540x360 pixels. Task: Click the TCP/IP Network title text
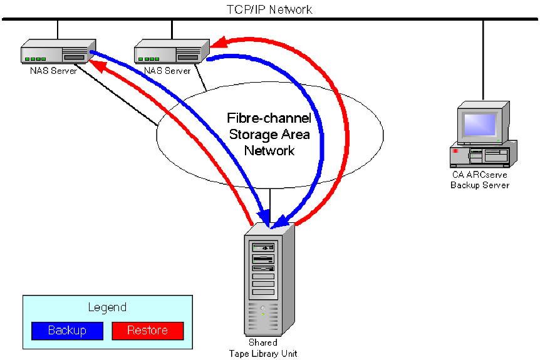[x=269, y=9]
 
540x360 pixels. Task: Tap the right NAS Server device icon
[x=171, y=52]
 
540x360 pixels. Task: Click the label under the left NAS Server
[x=53, y=71]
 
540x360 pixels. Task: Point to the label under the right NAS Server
[x=167, y=71]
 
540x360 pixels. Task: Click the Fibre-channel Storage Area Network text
[x=269, y=134]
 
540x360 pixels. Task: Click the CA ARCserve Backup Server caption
[x=480, y=180]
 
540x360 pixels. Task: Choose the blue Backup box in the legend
[x=67, y=331]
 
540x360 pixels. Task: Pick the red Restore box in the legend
[x=147, y=331]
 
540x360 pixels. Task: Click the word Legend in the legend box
[x=107, y=307]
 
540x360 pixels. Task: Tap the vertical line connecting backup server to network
[x=483, y=63]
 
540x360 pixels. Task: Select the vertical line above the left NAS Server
[x=58, y=29]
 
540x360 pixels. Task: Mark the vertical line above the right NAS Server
[x=172, y=29]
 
